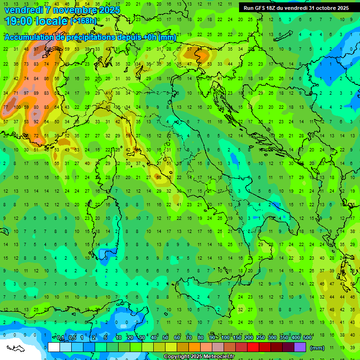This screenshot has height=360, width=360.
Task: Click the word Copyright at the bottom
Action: pyautogui.click(x=176, y=357)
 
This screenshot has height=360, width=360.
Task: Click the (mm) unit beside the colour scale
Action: pyautogui.click(x=317, y=348)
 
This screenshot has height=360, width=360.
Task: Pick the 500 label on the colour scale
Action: pyautogui.click(x=307, y=338)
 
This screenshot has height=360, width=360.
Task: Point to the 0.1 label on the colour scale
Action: pyautogui.click(x=60, y=338)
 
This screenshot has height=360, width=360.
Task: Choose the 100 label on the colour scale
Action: pyautogui.click(x=225, y=338)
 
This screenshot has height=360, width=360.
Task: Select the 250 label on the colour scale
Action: pyautogui.click(x=261, y=338)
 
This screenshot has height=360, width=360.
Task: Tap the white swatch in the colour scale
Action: pyautogui.click(x=54, y=347)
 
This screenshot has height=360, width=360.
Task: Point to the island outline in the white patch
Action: pyautogui.click(x=16, y=349)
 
